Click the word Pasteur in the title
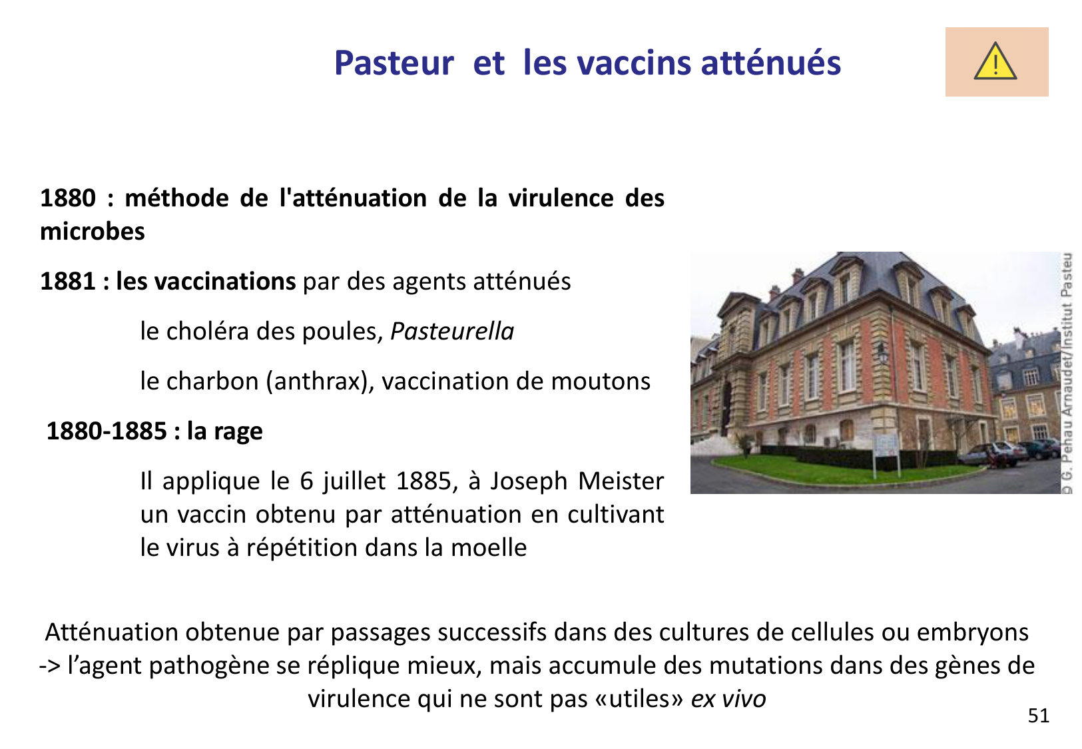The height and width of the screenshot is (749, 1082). coord(394,63)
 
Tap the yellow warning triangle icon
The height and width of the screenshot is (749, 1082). coord(995,62)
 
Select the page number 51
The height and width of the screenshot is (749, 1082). coord(1039,716)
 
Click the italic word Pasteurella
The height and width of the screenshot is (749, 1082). coord(452,332)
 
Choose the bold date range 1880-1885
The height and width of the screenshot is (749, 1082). coord(107,431)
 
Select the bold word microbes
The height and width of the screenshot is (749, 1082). coord(93,232)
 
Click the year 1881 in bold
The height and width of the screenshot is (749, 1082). coord(68,282)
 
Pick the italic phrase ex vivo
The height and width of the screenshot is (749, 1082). coord(728,699)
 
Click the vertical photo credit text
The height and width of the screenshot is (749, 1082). coord(1067,373)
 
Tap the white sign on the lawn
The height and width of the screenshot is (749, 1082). coord(885,445)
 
